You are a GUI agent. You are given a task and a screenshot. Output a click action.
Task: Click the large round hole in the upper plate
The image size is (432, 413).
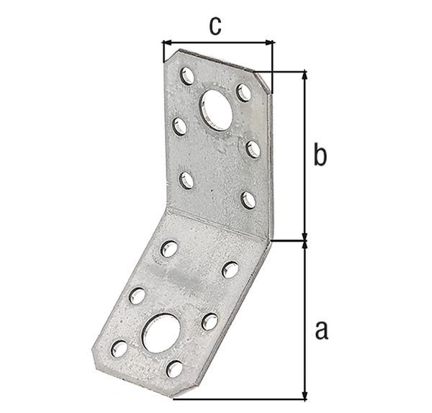(217, 108)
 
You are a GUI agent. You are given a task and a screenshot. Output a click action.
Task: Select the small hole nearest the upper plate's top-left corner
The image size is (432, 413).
(186, 75)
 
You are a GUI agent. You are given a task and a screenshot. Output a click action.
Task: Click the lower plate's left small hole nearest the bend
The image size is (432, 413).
(171, 249)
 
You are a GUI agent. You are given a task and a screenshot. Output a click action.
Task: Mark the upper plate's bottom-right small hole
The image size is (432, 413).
(248, 199)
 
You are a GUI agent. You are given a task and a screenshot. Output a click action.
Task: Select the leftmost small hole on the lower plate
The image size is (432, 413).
(119, 350)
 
